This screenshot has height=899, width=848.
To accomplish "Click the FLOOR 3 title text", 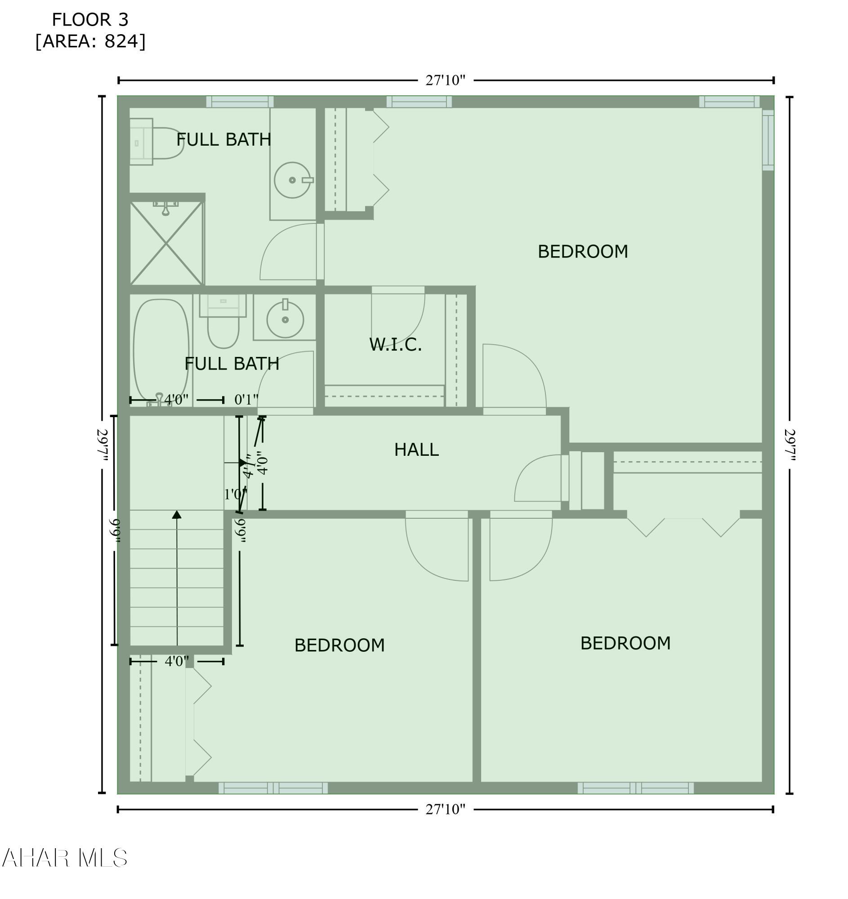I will [90, 20].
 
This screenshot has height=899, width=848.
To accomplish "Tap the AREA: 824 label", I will [90, 41].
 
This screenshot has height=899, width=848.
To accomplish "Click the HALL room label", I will [416, 449].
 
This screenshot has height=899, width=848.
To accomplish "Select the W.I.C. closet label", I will [395, 344].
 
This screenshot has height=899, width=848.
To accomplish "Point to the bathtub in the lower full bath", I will [161, 350].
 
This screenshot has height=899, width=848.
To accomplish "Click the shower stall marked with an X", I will [166, 243].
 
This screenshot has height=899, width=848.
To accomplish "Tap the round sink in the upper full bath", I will [292, 180].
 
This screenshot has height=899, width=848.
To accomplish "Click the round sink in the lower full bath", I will [285, 319].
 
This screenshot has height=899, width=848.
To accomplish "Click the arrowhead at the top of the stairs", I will [177, 515].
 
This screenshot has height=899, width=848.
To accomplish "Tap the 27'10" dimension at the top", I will [445, 80].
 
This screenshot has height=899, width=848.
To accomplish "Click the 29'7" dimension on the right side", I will [790, 445].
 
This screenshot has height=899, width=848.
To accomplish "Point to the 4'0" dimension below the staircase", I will [176, 661].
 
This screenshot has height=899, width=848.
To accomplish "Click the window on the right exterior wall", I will [768, 140].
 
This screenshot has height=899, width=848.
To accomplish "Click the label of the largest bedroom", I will [583, 251].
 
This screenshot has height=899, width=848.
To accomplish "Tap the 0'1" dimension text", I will [246, 399].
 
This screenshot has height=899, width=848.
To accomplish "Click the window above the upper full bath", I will [240, 102].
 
